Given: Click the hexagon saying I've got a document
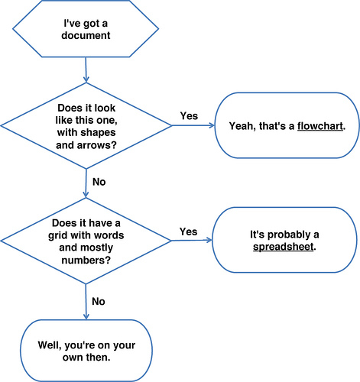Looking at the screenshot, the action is (86, 28).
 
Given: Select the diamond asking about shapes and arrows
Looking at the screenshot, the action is (86, 125).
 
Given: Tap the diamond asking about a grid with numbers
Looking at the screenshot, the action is (86, 241).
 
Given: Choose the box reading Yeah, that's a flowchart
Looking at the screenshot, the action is (287, 125).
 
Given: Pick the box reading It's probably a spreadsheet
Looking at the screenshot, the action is (284, 240).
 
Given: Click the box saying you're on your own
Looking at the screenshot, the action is (86, 351).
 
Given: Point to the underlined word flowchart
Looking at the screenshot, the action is (320, 126).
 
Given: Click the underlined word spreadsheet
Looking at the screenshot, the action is (283, 247).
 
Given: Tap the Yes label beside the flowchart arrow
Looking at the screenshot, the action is (189, 116).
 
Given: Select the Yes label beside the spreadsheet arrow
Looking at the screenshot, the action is (189, 231).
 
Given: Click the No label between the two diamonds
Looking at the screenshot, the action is (99, 182).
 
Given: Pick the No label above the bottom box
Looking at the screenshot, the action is (99, 301).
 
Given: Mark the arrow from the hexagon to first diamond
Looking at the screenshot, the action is (86, 70).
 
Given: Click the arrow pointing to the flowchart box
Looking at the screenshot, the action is (193, 125).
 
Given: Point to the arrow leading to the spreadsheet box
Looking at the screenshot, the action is (192, 241).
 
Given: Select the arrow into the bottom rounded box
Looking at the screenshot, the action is (86, 302).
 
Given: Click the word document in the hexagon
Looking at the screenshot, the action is (86, 35).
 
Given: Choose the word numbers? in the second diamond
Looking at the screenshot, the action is (86, 261).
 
